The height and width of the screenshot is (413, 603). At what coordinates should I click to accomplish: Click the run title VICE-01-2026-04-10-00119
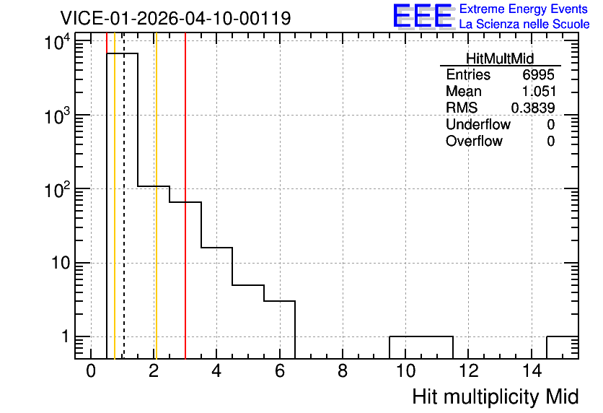pos(175,18)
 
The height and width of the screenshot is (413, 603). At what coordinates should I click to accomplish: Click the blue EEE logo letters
pos(423,16)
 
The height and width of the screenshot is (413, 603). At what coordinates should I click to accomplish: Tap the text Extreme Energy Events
pos(524,9)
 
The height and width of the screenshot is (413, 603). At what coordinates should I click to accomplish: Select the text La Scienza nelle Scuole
pos(524,24)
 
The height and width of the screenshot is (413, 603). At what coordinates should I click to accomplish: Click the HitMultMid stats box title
pos(500,58)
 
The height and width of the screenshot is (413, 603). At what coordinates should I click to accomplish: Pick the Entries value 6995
pos(538,74)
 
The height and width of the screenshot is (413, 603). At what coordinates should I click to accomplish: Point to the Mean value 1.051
pos(539,91)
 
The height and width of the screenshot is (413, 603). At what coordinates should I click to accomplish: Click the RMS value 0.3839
pos(533,108)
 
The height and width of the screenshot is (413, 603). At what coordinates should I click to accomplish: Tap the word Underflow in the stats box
pos(478,124)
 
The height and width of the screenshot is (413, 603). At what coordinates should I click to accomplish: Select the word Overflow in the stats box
pos(474,141)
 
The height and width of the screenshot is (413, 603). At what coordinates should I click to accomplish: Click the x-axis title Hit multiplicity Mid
pos(496,397)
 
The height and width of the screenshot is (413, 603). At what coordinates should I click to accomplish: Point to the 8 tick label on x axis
pos(343,371)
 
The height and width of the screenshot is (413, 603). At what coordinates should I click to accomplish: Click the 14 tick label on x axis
pos(532,371)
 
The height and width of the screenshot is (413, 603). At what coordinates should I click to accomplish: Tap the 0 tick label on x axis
pos(91,371)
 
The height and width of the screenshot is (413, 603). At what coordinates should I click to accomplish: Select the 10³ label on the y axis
pos(57,116)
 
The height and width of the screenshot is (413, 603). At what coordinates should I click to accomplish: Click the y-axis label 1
pos(66,336)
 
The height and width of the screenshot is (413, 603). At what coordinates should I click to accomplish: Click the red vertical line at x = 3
pos(185,196)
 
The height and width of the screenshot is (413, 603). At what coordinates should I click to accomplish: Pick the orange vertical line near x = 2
pos(157,196)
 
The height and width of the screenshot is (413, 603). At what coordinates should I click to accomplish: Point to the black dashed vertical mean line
pos(124,196)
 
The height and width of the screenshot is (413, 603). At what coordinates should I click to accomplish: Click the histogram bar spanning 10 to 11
pos(421,336)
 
